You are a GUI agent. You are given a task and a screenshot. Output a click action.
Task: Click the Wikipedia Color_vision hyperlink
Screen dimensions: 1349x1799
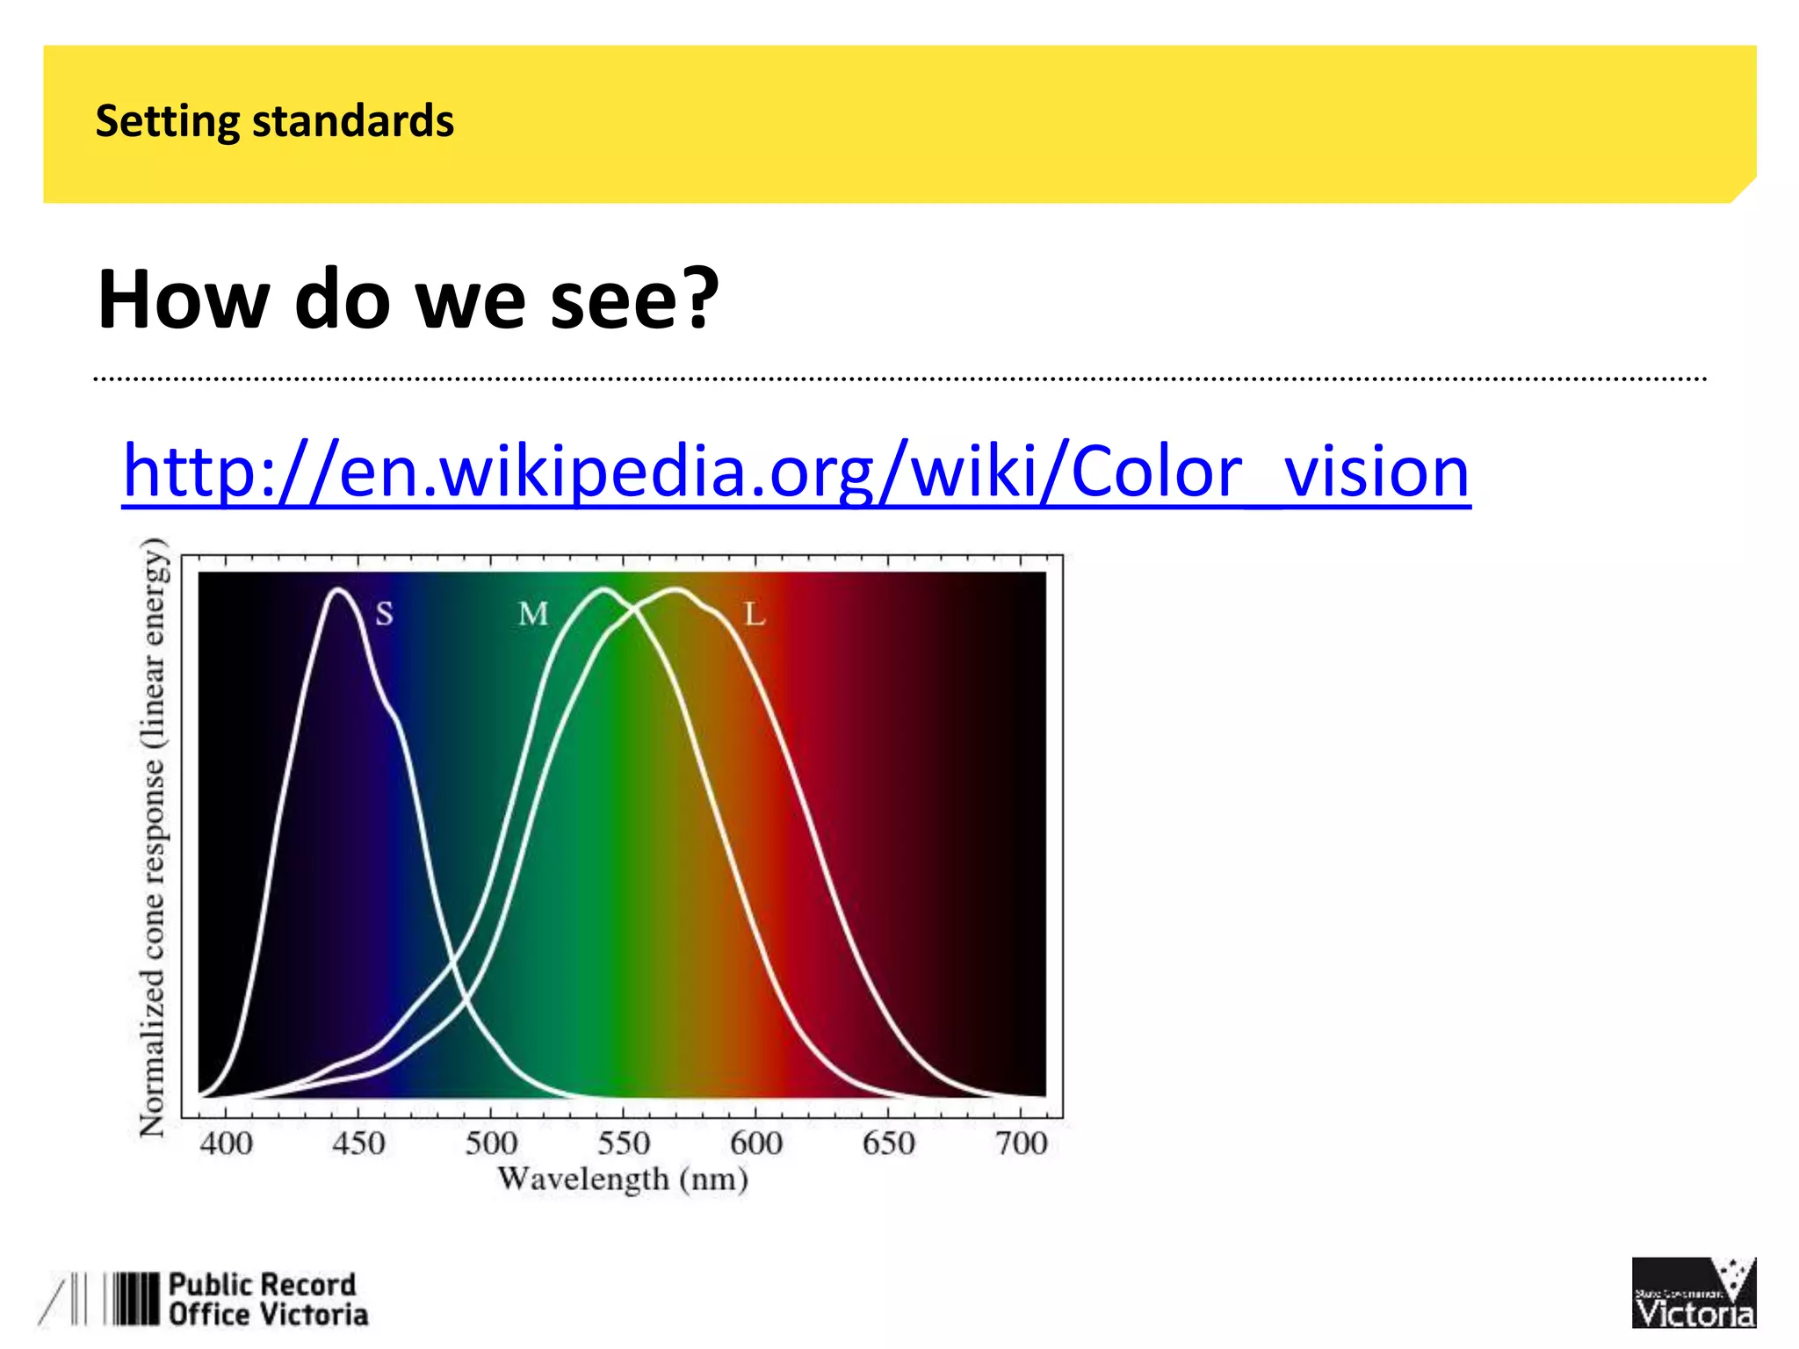(x=795, y=473)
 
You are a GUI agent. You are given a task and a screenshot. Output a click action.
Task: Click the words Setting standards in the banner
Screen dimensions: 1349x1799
(x=274, y=121)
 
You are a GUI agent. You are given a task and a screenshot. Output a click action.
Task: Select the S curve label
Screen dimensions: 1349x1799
(x=384, y=613)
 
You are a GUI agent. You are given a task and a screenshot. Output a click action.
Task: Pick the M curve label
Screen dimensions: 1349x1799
(x=533, y=613)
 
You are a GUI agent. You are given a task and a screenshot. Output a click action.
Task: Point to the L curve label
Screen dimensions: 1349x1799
(x=755, y=613)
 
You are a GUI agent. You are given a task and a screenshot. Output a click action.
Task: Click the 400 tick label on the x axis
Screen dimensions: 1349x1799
(x=226, y=1143)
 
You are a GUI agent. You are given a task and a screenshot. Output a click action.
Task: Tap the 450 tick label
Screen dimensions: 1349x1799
(x=358, y=1143)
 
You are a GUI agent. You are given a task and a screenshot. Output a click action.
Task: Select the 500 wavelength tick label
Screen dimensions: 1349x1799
(x=491, y=1143)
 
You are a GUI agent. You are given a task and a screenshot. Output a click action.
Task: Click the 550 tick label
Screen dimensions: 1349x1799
(x=624, y=1143)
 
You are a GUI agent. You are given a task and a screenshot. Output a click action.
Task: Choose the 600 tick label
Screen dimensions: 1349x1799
(x=756, y=1143)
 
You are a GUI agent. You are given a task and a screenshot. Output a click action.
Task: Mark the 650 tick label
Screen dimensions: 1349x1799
(x=888, y=1143)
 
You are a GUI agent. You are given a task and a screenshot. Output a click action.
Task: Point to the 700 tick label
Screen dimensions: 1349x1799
(x=1021, y=1143)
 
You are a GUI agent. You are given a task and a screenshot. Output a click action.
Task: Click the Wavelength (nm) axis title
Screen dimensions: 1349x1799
(x=622, y=1179)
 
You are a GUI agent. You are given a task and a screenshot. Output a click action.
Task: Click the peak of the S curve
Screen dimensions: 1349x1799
(x=338, y=589)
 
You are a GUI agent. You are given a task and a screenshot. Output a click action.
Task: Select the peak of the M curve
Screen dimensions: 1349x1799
(x=603, y=589)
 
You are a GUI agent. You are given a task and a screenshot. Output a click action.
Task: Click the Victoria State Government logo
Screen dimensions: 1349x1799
(x=1693, y=1292)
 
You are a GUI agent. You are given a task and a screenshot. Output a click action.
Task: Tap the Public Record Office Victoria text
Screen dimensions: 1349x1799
(x=267, y=1299)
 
